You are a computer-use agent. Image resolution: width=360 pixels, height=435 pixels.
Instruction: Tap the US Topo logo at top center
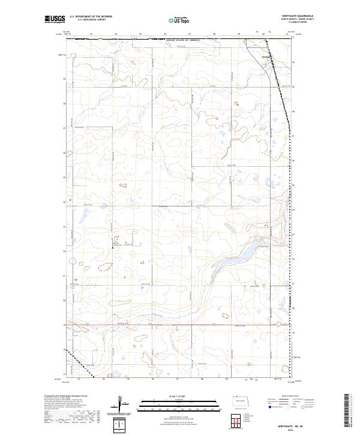pyautogui.click(x=180, y=20)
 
